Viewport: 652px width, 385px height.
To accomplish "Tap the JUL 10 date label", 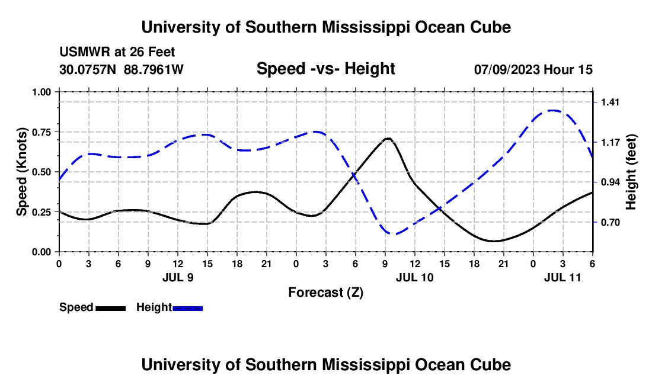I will coord(415,277).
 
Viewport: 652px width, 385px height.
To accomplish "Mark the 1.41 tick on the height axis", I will coord(610,102).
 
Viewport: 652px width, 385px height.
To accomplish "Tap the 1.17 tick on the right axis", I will coord(610,142).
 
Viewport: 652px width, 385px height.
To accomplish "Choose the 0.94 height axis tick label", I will coord(610,182).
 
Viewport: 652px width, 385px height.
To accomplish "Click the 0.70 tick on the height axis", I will coord(610,223).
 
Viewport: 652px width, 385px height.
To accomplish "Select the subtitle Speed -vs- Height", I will coord(325,69).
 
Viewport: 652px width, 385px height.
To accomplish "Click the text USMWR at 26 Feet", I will coord(117,52).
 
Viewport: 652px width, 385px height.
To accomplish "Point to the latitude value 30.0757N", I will coord(89,69).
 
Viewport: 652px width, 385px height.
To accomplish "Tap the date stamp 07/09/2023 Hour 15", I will coord(533,69).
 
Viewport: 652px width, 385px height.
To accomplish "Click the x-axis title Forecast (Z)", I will coord(325,292).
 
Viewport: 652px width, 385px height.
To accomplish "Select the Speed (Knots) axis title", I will coord(22,172).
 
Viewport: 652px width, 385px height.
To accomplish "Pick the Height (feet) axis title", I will coord(632,172).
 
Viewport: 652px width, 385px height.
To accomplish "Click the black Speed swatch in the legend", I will coord(111,308).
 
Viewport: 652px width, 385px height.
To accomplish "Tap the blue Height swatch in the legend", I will coord(188,308).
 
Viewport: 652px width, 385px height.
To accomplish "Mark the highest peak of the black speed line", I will coord(388,139).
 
